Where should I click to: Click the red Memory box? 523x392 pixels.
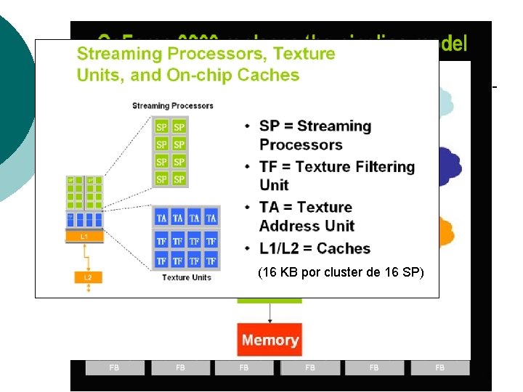[x=269, y=340]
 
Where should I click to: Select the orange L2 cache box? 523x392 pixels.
[x=88, y=277]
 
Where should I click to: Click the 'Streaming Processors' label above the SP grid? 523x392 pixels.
[x=173, y=106]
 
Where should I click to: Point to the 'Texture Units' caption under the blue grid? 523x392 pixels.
[x=186, y=277]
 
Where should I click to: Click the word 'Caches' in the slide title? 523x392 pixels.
[x=268, y=75]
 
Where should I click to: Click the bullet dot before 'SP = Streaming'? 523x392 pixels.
[x=248, y=127]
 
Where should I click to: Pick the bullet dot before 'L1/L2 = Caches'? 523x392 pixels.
[x=248, y=249]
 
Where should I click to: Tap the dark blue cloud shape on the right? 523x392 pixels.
[x=450, y=166]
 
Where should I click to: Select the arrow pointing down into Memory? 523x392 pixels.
[x=269, y=312]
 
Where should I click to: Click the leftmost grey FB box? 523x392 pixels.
[x=114, y=368]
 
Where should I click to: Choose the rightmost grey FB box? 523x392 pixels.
[x=439, y=368]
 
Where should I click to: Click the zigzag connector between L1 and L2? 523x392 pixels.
[x=86, y=256]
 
